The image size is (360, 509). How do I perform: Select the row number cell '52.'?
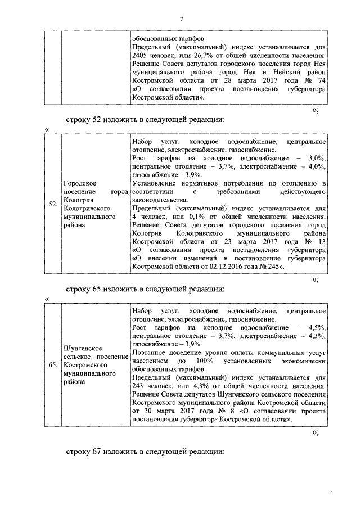(x=52, y=204)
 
